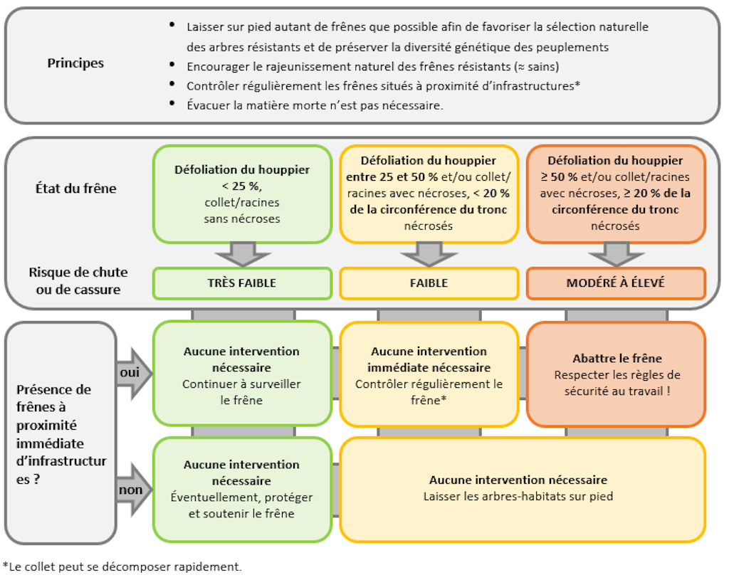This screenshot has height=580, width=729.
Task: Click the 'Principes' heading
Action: click(x=75, y=63)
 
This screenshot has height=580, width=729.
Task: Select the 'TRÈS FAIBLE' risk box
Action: click(x=242, y=283)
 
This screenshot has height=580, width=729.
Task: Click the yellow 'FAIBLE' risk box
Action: click(x=429, y=283)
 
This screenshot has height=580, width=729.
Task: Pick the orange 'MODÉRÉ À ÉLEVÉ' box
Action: click(x=616, y=283)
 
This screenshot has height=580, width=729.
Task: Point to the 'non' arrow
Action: click(x=134, y=490)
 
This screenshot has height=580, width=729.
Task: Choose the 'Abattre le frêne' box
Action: click(x=616, y=373)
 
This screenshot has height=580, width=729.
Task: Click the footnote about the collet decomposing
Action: click(x=122, y=567)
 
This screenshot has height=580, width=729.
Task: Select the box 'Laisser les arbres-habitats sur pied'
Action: click(x=523, y=489)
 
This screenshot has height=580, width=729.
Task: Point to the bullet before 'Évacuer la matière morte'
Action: click(x=172, y=104)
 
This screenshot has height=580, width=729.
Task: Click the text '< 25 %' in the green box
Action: click(x=242, y=186)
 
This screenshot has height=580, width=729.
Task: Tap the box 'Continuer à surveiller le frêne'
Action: click(x=242, y=374)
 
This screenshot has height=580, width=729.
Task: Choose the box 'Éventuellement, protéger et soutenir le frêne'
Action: click(x=242, y=489)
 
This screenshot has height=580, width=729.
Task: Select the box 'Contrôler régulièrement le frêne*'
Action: click(x=429, y=374)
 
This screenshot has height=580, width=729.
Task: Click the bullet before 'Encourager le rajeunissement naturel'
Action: click(x=172, y=65)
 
